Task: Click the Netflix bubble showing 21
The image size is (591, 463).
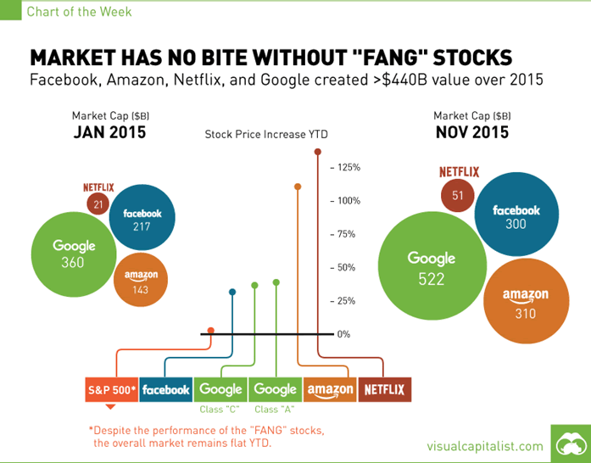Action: pyautogui.click(x=99, y=204)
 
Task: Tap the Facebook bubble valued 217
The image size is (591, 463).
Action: pyautogui.click(x=142, y=220)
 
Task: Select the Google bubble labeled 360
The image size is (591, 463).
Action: pyautogui.click(x=74, y=254)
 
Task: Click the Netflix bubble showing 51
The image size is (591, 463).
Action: pyautogui.click(x=458, y=195)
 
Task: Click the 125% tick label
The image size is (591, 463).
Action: pyautogui.click(x=348, y=167)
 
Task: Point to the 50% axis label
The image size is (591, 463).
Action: pyautogui.click(x=345, y=267)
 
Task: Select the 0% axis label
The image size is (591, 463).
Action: pyautogui.click(x=343, y=334)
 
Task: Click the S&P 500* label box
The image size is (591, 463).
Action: pyautogui.click(x=111, y=389)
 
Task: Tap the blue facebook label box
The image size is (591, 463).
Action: pyautogui.click(x=165, y=389)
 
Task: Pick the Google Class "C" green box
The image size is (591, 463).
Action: pyautogui.click(x=220, y=389)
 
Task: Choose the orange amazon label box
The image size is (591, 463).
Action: pyautogui.click(x=330, y=389)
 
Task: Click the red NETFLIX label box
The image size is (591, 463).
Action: pyautogui.click(x=384, y=389)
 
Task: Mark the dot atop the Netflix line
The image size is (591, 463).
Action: pyautogui.click(x=318, y=153)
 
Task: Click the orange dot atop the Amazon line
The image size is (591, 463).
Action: pyautogui.click(x=298, y=187)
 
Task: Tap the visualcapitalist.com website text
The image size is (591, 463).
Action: pyautogui.click(x=484, y=446)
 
